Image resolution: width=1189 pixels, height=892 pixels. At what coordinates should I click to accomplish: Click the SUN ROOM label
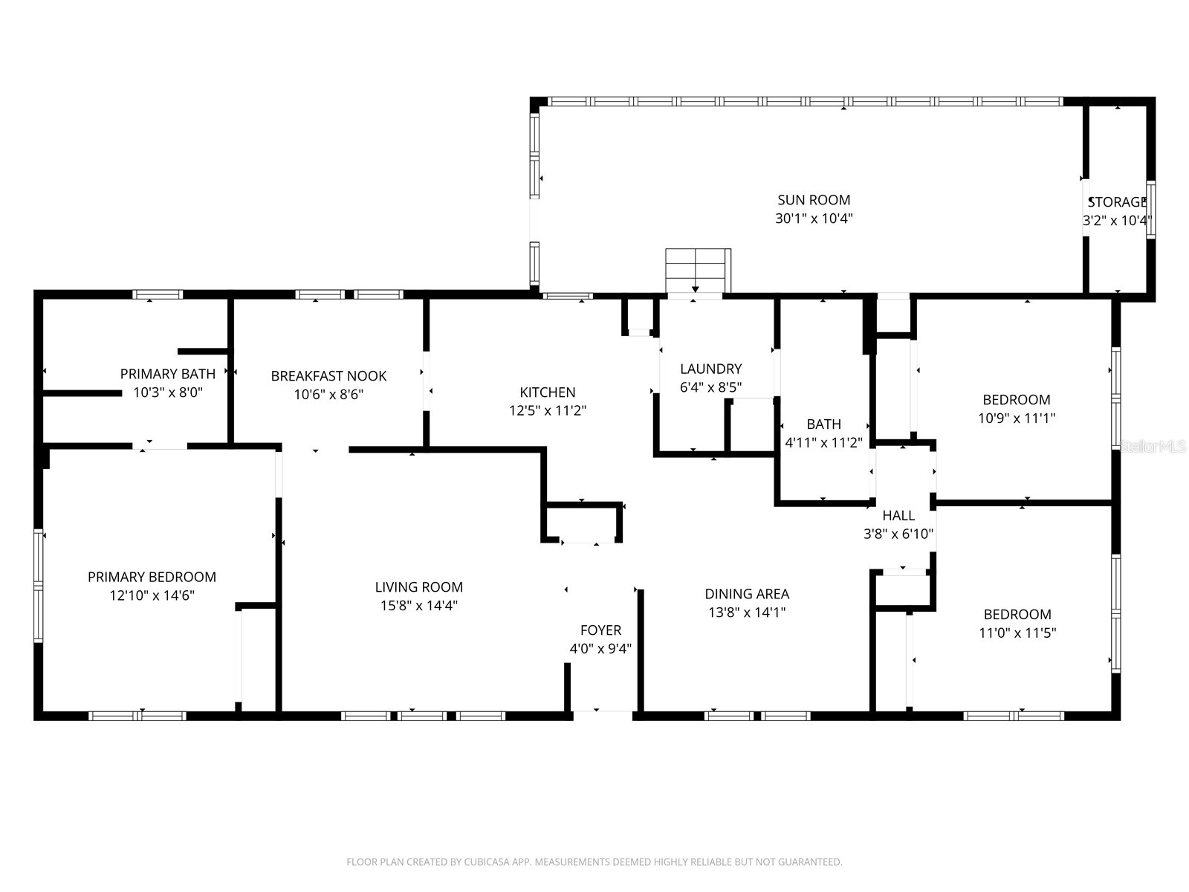coord(814,200)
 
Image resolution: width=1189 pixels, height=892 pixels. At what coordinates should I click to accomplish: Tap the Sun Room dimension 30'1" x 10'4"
coord(814,219)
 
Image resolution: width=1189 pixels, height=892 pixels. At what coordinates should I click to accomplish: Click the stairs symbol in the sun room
coord(697,271)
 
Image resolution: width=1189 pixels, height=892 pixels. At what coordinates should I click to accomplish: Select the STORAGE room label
coord(1118,202)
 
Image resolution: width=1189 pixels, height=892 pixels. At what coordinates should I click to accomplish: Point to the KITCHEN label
coord(547,392)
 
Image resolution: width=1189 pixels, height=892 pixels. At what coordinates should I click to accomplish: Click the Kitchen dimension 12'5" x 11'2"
coord(547,410)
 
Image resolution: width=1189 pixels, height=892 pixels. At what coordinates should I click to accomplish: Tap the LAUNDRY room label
coord(710,369)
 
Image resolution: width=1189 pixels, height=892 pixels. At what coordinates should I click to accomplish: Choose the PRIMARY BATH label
coord(168,374)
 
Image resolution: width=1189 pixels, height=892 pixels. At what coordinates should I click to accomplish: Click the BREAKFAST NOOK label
coord(328,376)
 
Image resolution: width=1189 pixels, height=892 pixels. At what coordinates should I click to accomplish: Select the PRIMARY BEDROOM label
coord(152,577)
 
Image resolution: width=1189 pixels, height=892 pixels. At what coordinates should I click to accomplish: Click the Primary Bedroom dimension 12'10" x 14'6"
coord(152,595)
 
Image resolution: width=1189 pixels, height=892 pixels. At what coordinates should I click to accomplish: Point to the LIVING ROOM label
coord(418,587)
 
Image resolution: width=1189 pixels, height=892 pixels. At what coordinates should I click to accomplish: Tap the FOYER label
coord(600,630)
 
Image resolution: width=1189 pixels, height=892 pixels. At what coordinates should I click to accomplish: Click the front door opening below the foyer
coord(603,715)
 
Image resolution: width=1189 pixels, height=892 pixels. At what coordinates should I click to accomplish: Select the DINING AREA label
coord(747,594)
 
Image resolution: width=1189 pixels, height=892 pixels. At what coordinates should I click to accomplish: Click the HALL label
coord(898,515)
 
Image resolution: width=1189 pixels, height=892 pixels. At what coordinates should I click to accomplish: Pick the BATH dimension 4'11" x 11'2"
coord(823,443)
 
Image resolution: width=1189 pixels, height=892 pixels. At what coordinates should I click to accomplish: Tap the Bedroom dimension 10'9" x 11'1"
coord(1017,418)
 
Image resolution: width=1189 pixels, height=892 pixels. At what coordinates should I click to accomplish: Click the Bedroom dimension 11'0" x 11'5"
coord(1017,633)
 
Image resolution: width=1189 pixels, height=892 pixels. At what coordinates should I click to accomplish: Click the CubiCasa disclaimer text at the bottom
coord(594,862)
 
